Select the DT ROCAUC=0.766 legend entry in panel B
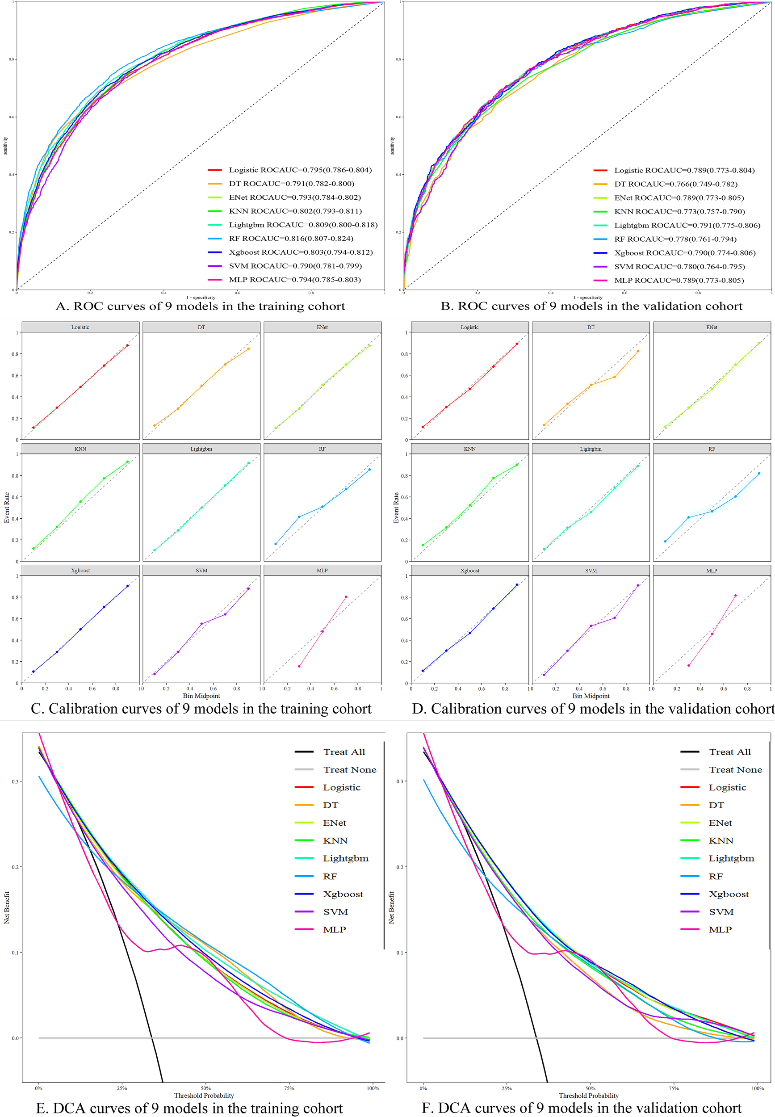pos(675,184)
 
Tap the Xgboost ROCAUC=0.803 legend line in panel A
pos(214,252)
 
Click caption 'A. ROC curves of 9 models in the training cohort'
pos(200,306)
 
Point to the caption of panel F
pos(581,1108)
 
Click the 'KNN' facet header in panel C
pos(80,449)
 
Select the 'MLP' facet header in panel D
pos(712,570)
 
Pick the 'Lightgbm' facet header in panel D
pos(591,449)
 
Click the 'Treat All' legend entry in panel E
pos(344,752)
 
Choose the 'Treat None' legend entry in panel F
pos(735,770)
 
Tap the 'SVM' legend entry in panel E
pos(335,911)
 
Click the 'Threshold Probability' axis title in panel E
pos(204,1095)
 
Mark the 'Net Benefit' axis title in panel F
pos(391,907)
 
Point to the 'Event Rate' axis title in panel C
pos(7,508)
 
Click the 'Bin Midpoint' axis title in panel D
pos(591,696)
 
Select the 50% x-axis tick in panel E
pos(205,1088)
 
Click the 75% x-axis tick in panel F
pos(674,1088)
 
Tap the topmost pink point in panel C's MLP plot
pos(346,597)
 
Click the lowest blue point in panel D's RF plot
pos(665,541)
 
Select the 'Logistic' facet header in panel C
pos(80,328)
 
